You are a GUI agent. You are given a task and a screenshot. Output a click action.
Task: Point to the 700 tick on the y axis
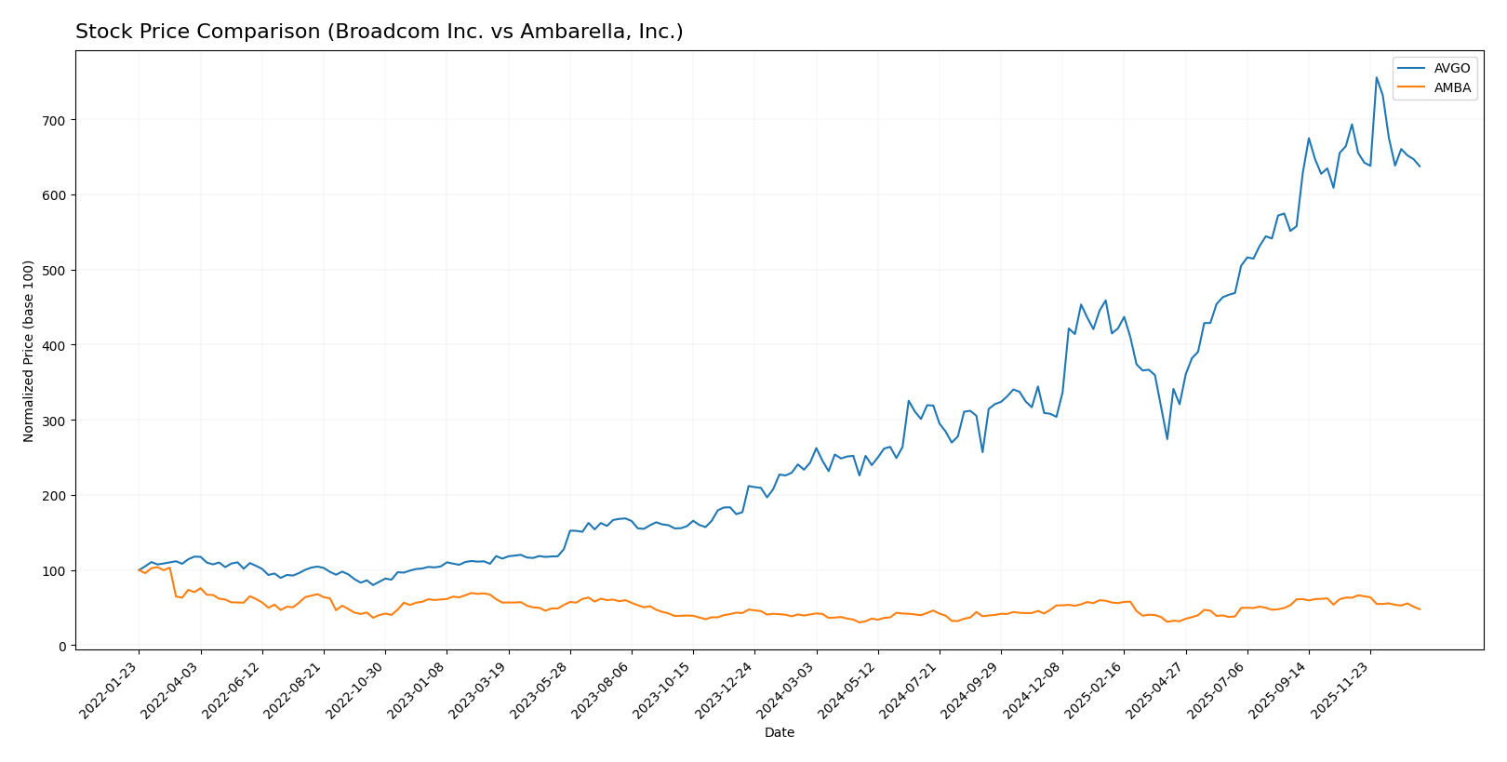point(57,120)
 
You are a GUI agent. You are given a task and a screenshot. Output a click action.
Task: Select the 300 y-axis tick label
point(57,421)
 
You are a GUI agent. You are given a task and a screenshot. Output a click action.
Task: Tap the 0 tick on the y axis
point(63,646)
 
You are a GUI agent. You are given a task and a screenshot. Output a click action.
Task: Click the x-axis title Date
point(780,733)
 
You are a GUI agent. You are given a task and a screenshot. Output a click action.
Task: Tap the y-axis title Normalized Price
point(29,351)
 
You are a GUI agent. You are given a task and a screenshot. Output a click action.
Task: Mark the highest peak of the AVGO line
point(1377,77)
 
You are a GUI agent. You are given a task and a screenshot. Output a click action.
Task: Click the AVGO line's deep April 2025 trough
point(1167,439)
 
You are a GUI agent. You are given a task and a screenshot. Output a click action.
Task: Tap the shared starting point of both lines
point(139,570)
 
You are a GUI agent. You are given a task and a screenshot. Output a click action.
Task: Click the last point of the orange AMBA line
point(1420,609)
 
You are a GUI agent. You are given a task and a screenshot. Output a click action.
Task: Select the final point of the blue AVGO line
point(1420,167)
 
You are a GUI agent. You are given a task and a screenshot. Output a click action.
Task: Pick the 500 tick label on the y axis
point(57,270)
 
